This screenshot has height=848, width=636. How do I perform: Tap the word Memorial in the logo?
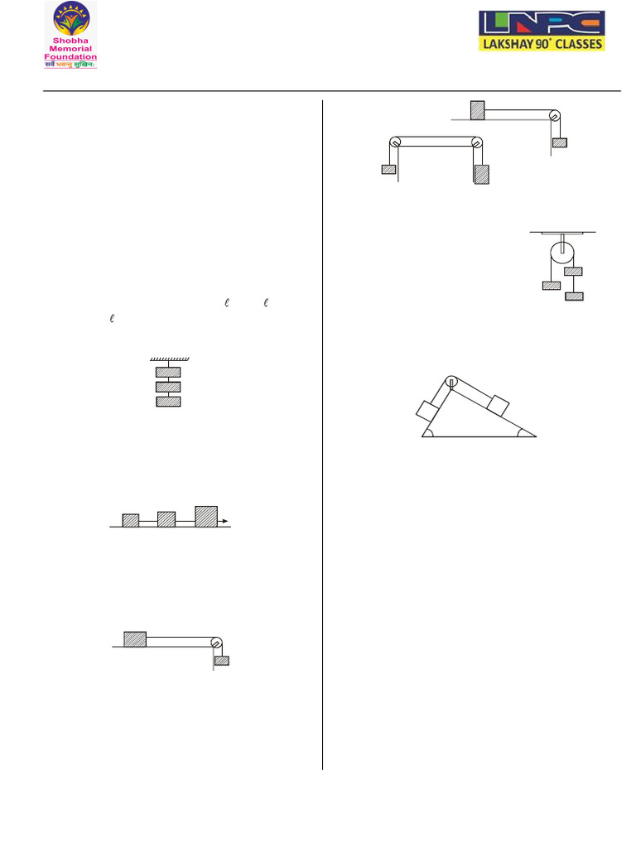tap(71, 49)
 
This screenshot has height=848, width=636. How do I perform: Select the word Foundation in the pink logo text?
tap(71, 57)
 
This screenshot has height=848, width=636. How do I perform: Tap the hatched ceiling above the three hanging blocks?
tap(170, 359)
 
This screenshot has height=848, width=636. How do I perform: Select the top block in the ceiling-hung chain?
tap(169, 372)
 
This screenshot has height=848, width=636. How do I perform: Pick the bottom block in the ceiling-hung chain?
tap(169, 402)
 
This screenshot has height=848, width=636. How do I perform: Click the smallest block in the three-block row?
tap(131, 520)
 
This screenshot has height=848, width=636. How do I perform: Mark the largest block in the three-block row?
tap(206, 515)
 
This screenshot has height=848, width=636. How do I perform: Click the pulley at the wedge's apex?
tap(451, 382)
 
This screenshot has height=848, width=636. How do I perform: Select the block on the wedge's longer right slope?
tap(497, 405)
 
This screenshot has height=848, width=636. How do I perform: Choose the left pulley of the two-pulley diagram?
tap(395, 142)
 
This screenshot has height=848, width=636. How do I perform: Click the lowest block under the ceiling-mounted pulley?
tap(573, 296)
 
